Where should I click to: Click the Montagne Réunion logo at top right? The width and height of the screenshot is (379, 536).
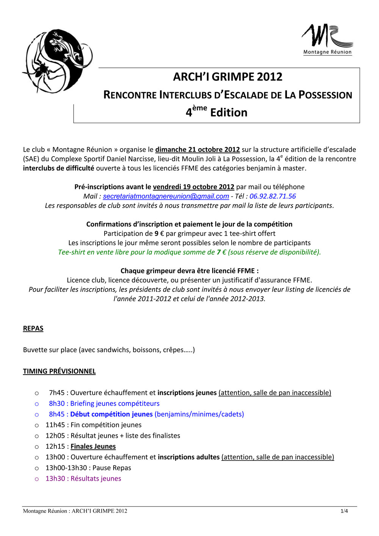(327, 39)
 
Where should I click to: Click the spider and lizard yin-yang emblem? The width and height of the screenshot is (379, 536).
(58, 61)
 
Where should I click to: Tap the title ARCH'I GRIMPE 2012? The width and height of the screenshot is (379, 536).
(227, 77)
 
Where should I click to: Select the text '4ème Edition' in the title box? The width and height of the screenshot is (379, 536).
(216, 112)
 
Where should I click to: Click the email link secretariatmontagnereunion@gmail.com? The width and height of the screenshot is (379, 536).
(166, 196)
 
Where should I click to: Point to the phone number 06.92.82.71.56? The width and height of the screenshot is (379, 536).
(273, 196)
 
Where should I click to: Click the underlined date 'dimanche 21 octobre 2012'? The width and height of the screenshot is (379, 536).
(197, 150)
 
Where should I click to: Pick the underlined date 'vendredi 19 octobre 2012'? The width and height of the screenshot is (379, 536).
(193, 187)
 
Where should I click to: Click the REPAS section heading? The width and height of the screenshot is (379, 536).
(33, 329)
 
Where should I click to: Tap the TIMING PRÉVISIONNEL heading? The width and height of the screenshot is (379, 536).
(59, 371)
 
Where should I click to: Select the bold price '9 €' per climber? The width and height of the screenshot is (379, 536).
(159, 234)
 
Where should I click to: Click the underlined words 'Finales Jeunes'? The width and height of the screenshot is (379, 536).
(93, 447)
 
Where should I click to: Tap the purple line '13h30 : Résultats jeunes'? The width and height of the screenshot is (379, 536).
(83, 479)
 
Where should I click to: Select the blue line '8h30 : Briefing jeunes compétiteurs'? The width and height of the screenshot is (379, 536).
(104, 404)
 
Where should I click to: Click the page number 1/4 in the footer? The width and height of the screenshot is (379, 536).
(344, 511)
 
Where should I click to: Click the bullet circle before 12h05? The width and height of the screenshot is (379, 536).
(37, 436)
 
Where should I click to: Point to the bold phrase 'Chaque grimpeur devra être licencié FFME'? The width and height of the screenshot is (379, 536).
(189, 271)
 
